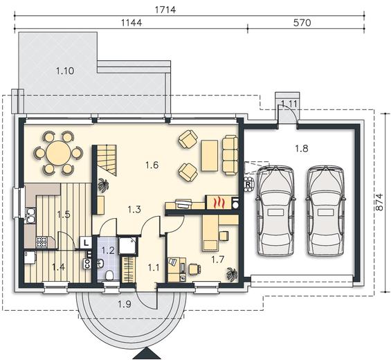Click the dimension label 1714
click(165, 10)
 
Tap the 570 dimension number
click(302, 23)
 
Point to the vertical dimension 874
click(379, 202)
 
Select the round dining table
click(58, 153)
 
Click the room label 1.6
click(152, 165)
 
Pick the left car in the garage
click(276, 210)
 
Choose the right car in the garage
click(326, 210)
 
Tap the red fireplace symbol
click(219, 202)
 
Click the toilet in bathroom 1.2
click(109, 276)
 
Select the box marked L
click(86, 242)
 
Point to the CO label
click(87, 264)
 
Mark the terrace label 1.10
click(65, 71)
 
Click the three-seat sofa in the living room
click(230, 154)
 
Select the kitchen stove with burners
click(42, 242)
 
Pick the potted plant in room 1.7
click(232, 275)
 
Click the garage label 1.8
click(302, 148)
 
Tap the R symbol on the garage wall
click(248, 185)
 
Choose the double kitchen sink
click(30, 215)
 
